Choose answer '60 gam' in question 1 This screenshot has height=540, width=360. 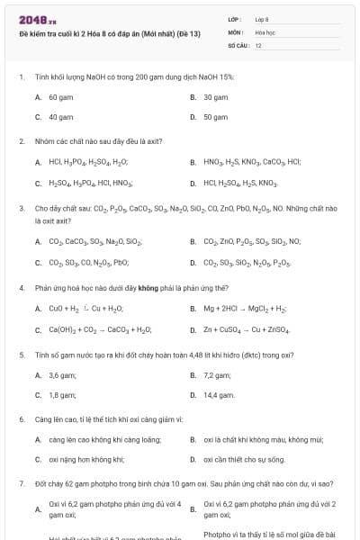tap(60, 96)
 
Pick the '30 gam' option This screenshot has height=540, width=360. tap(215, 96)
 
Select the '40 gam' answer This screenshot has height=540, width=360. tap(60, 117)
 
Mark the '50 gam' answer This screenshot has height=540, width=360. tap(215, 117)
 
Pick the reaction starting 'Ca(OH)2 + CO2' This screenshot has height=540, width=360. tap(100, 329)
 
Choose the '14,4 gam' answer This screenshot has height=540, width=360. tap(219, 395)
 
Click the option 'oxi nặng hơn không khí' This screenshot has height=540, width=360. tap(86, 460)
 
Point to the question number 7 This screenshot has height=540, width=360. tap(21, 483)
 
